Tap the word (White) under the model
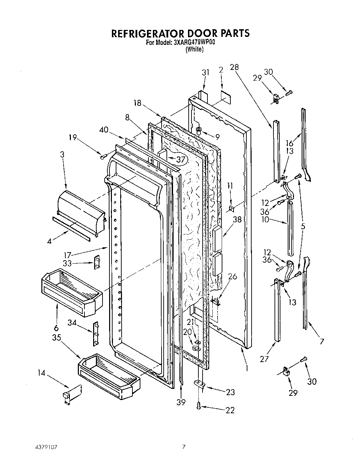(194, 49)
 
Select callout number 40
(104, 129)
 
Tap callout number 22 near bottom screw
(230, 410)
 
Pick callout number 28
(234, 67)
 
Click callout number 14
(41, 373)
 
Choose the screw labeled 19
(103, 157)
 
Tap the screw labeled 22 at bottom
(198, 405)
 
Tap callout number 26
(232, 277)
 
